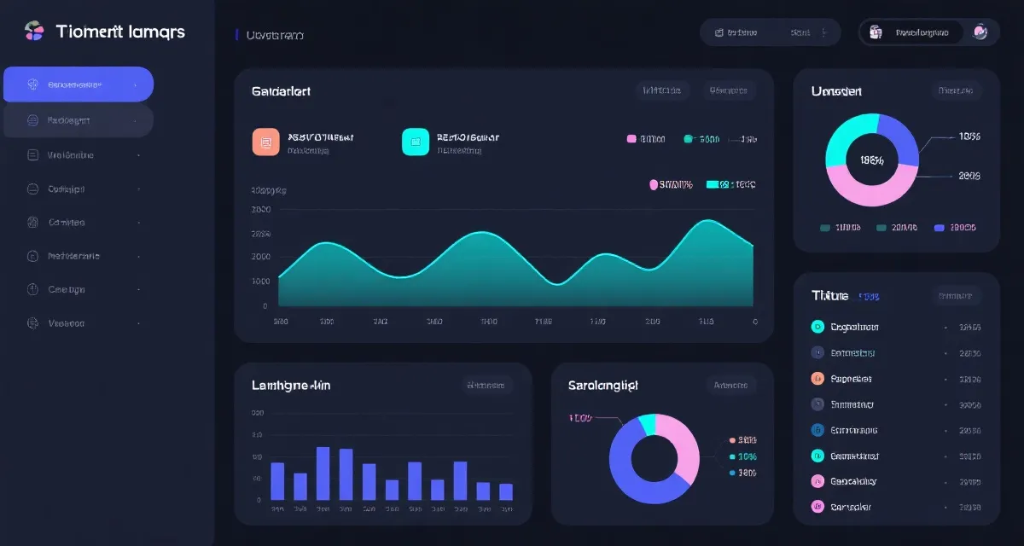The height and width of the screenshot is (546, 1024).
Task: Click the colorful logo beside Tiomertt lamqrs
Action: coord(34,32)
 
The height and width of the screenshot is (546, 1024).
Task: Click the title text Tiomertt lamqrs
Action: coord(120,32)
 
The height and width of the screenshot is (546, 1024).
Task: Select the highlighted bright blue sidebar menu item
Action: coord(79,84)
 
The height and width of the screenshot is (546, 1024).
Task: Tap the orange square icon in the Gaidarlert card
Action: coord(265,142)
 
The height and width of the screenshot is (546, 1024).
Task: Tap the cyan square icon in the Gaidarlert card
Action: coord(415,142)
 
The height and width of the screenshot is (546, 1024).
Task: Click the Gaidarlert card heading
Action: coord(281,90)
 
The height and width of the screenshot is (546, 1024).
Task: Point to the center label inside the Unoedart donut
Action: coord(872,160)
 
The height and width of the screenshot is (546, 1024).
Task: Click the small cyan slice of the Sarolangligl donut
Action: coord(648,422)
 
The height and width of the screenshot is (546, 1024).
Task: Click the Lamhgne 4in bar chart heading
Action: coord(291,385)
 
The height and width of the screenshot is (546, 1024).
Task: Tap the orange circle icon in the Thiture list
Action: coord(817,379)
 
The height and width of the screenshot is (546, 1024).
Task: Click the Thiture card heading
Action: coord(829,295)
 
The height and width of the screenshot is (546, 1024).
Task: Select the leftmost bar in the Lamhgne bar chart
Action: coord(277,481)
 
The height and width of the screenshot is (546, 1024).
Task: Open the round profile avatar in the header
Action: coord(980,32)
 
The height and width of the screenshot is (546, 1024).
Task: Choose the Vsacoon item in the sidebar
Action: coord(66,323)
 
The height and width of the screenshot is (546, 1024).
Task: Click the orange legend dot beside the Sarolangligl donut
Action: coord(731,440)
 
